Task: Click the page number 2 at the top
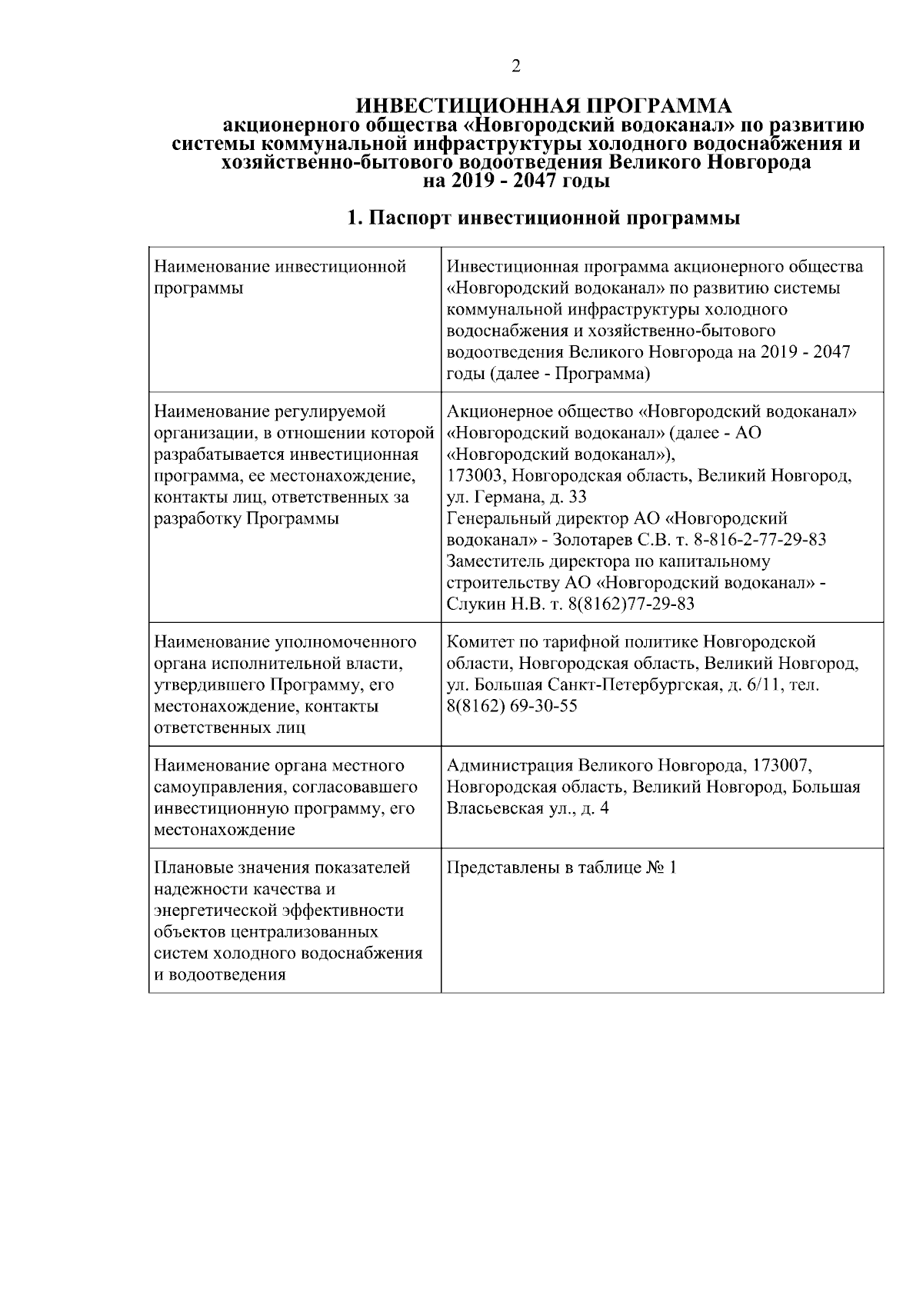tap(515, 66)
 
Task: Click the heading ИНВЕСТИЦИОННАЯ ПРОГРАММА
tap(546, 106)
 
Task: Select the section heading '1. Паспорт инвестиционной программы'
tap(543, 218)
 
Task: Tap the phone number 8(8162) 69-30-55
tap(511, 706)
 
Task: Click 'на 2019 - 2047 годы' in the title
tap(516, 181)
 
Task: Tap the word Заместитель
tap(495, 561)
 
